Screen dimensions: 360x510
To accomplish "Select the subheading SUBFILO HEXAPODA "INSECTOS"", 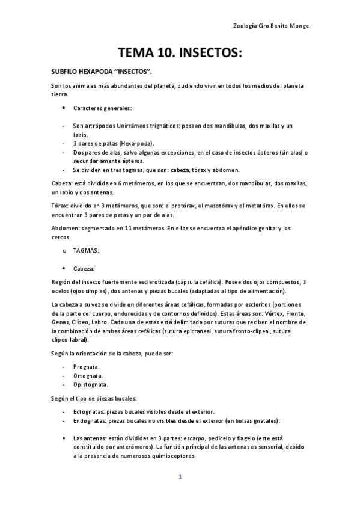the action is coord(101,72).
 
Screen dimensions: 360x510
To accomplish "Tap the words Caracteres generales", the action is coord(102,108).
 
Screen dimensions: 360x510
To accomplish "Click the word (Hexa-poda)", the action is coord(136,144).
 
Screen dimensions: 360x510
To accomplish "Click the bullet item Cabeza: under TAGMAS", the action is coord(84,268).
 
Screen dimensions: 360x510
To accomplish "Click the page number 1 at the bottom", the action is coord(180,477).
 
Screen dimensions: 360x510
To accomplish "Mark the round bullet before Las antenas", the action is coord(64,438).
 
